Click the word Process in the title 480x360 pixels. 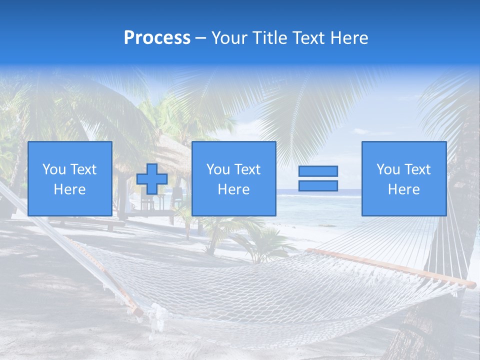point(157,38)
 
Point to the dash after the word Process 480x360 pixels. point(200,38)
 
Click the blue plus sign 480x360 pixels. point(152,179)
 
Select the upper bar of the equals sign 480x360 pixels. point(318,171)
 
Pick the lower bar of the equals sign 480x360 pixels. point(318,186)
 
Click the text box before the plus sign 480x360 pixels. point(69,178)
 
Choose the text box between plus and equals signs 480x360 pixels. point(233,178)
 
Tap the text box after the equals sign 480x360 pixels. point(403,178)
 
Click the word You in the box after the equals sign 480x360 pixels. point(387,169)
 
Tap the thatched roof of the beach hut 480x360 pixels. point(165,150)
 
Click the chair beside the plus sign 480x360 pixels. point(146,200)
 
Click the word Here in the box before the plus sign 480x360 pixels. point(69,189)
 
